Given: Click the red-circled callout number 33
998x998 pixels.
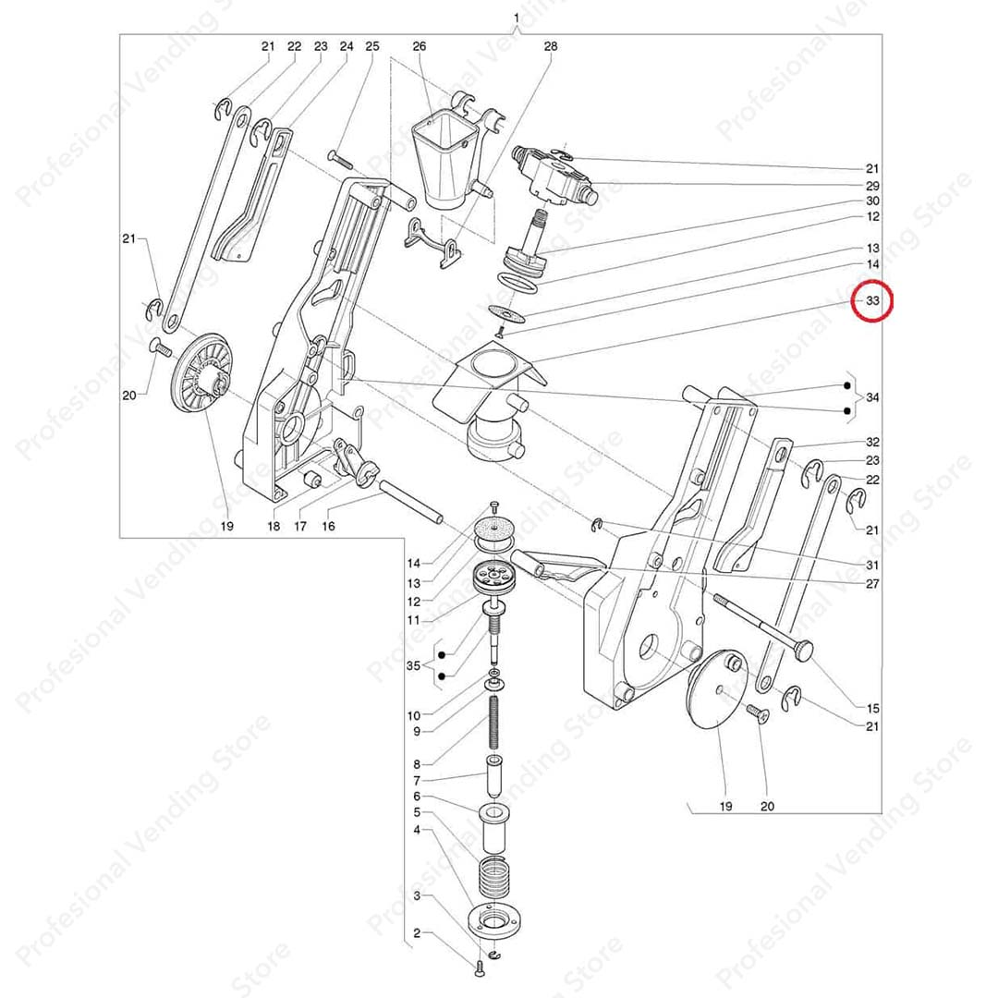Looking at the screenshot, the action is click(x=872, y=300).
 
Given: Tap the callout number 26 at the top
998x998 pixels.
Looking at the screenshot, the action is click(x=419, y=46).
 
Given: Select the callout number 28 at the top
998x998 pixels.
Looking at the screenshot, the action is click(x=551, y=46).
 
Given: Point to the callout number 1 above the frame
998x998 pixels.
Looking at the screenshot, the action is click(x=516, y=18).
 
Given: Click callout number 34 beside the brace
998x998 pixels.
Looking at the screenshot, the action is click(x=872, y=397).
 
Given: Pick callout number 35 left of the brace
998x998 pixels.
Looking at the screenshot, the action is click(x=413, y=665).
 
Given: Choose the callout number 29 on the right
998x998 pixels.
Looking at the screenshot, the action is click(x=872, y=185).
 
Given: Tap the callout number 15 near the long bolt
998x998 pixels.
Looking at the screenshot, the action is click(x=872, y=708).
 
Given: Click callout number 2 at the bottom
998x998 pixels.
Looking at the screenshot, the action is click(x=417, y=933).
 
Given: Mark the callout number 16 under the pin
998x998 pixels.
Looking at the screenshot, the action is click(x=328, y=526).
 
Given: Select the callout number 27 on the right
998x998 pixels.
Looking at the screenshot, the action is click(x=872, y=583).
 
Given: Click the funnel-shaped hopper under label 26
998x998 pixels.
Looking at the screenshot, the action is click(x=444, y=163).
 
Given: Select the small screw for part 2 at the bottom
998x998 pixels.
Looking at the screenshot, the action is click(x=480, y=968).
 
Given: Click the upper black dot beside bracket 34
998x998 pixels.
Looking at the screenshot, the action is click(x=846, y=385).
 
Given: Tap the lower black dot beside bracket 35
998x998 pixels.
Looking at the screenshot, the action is click(x=442, y=677).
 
